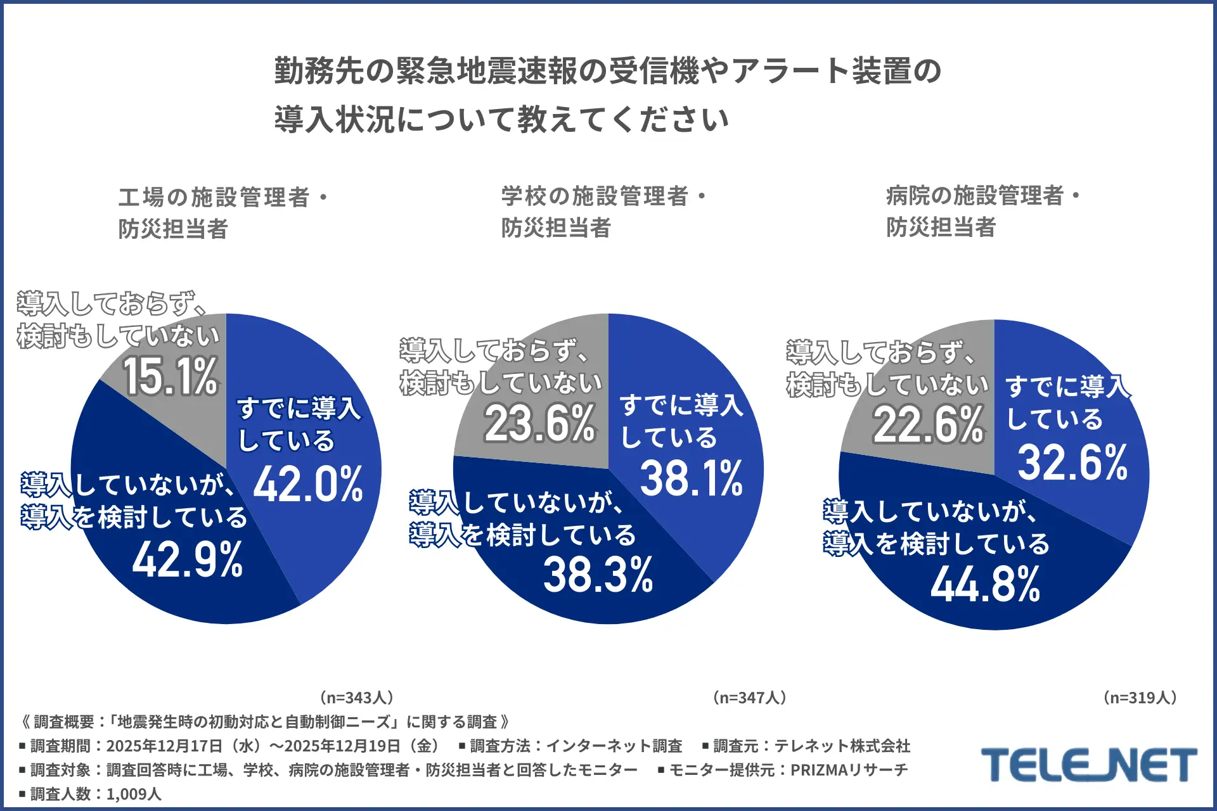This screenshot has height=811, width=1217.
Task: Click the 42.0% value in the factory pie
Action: point(308,484)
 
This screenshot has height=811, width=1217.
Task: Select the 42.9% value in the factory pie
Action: point(188,559)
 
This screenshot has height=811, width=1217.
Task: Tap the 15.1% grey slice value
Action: point(171,376)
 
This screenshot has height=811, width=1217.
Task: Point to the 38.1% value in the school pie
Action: point(691,478)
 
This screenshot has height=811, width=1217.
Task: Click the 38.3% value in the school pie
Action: point(598,575)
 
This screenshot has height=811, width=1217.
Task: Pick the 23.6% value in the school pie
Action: point(539,423)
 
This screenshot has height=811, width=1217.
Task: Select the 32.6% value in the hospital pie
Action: point(1072,462)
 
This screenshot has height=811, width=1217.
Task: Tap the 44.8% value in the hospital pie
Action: point(985,584)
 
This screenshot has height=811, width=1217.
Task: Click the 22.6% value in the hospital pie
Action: point(928,425)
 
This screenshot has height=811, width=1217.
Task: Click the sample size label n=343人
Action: point(357,698)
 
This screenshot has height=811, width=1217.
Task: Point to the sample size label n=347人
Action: point(750,698)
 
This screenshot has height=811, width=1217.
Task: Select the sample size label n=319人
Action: point(1140,698)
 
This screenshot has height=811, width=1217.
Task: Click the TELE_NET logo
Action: point(1088,765)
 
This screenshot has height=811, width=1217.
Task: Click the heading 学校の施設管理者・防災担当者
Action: point(603,212)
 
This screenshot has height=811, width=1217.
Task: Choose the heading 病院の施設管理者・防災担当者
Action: point(982,211)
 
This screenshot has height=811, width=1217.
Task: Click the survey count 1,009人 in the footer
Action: point(134,794)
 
